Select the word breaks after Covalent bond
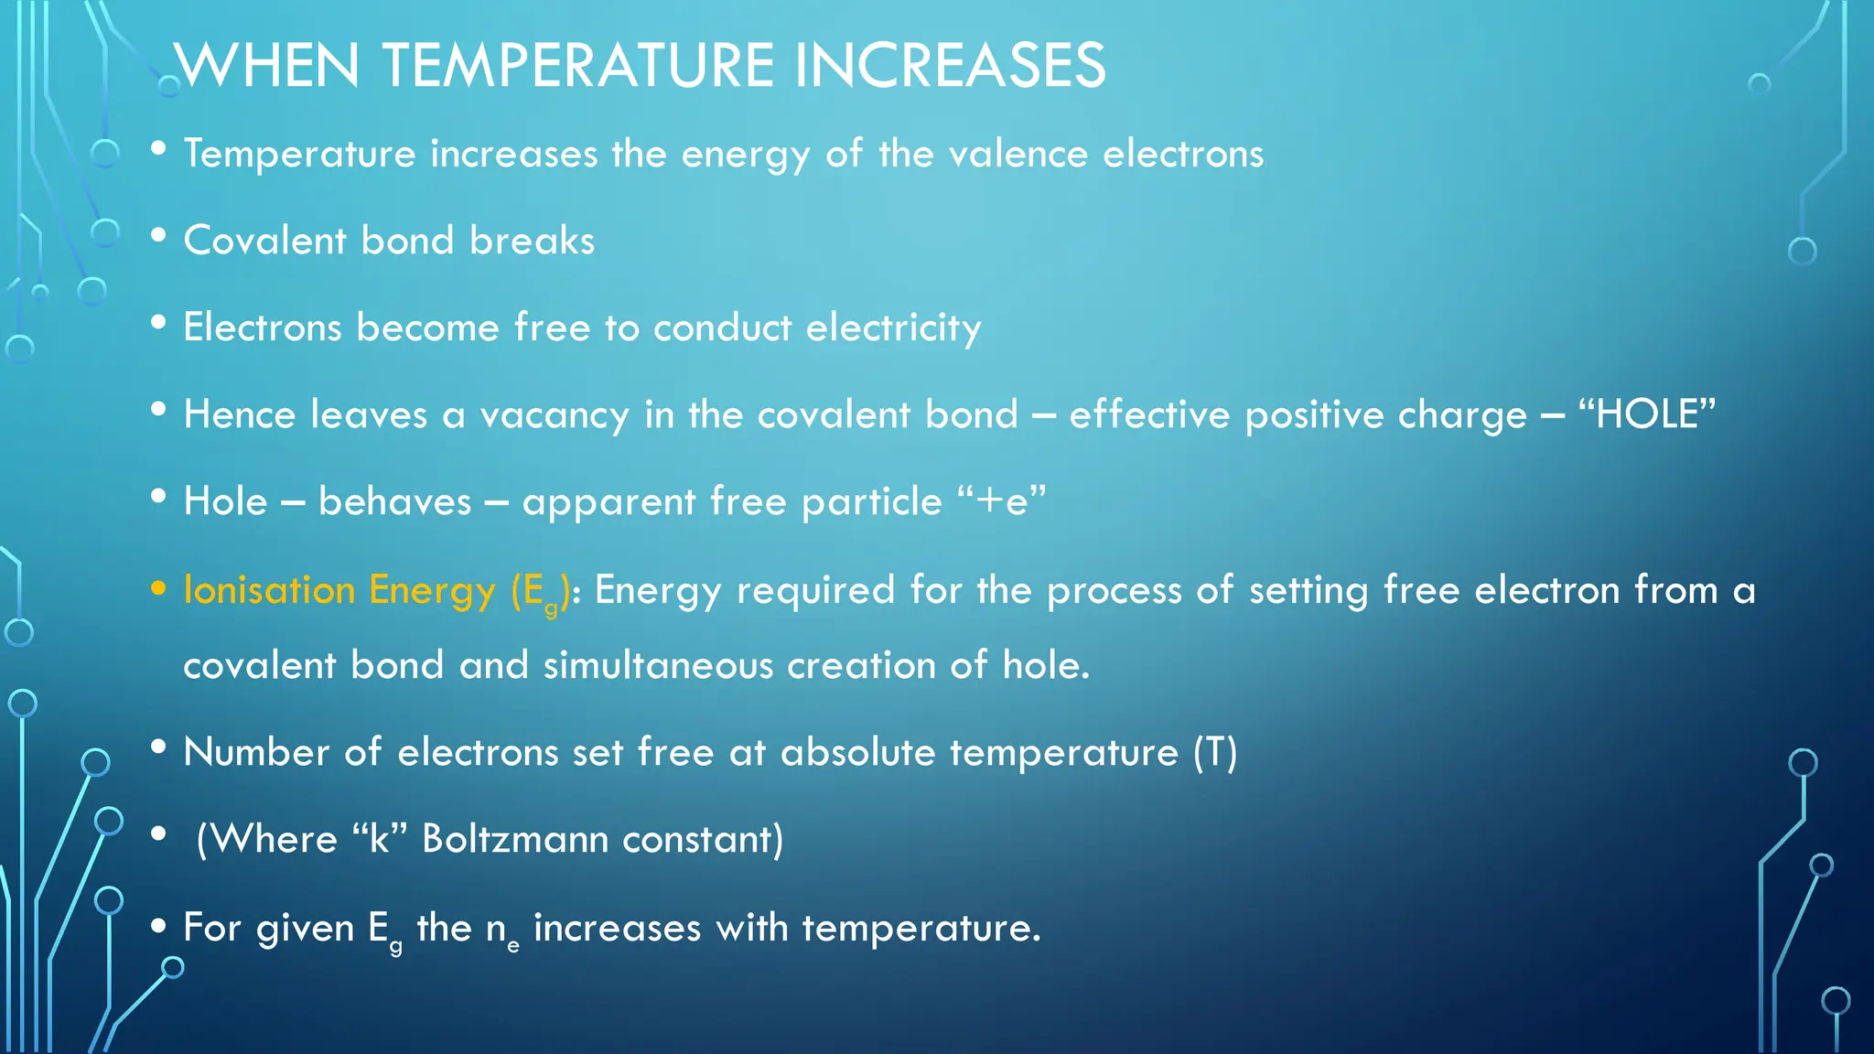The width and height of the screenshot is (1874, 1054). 532,241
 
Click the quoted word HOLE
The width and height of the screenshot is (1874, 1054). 1647,414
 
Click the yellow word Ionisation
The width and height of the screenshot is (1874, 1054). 269,590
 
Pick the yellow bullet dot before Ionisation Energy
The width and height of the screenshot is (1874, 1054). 158,588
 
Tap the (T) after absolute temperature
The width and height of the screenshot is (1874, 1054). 1215,753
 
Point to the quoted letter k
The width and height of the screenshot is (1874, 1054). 379,839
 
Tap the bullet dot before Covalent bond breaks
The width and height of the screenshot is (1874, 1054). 158,236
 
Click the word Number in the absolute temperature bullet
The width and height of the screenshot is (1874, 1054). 256,752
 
